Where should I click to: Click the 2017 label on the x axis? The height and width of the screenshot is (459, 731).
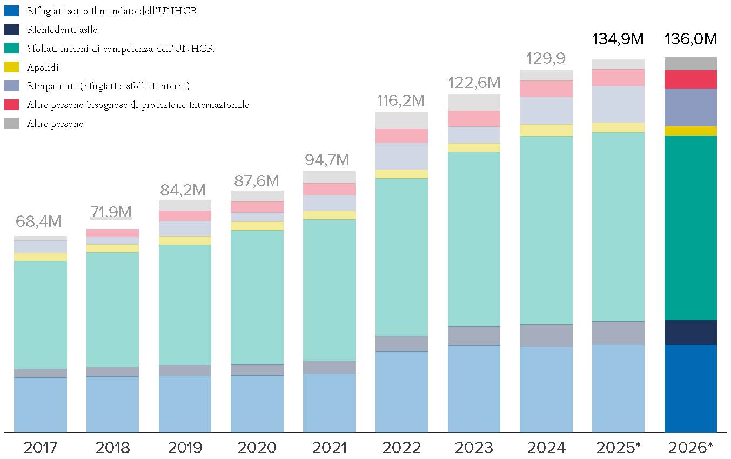[x=41, y=447]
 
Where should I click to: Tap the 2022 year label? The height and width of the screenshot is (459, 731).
[x=401, y=447]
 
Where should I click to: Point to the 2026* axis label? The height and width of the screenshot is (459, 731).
[x=690, y=447]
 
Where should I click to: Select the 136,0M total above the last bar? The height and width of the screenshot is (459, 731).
[x=691, y=39]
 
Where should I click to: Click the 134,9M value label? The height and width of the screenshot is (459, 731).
[x=618, y=39]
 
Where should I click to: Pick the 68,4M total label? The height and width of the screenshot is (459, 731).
[x=38, y=221]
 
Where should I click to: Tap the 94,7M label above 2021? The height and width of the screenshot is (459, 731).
[x=327, y=160]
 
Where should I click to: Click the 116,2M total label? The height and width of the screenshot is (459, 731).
[x=401, y=100]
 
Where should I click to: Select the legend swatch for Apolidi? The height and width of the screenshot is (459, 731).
[x=11, y=67]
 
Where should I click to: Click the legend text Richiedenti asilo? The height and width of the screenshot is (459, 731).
[x=62, y=30]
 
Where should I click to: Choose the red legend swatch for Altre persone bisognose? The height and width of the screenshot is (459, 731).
[x=11, y=105]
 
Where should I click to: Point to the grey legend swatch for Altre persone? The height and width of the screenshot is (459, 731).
[x=11, y=123]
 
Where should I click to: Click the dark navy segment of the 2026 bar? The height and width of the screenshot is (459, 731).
[x=690, y=333]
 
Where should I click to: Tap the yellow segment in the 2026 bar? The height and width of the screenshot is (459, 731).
[x=690, y=131]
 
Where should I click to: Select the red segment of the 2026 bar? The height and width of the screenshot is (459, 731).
[x=690, y=79]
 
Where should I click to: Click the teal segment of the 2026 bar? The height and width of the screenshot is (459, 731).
[x=690, y=228]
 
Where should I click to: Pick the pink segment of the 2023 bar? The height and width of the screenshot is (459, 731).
[x=474, y=119]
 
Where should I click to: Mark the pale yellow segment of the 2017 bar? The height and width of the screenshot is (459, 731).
[x=41, y=257]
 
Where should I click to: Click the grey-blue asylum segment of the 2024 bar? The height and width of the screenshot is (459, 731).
[x=546, y=335]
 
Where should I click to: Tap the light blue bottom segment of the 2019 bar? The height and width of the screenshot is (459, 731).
[x=185, y=404]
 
